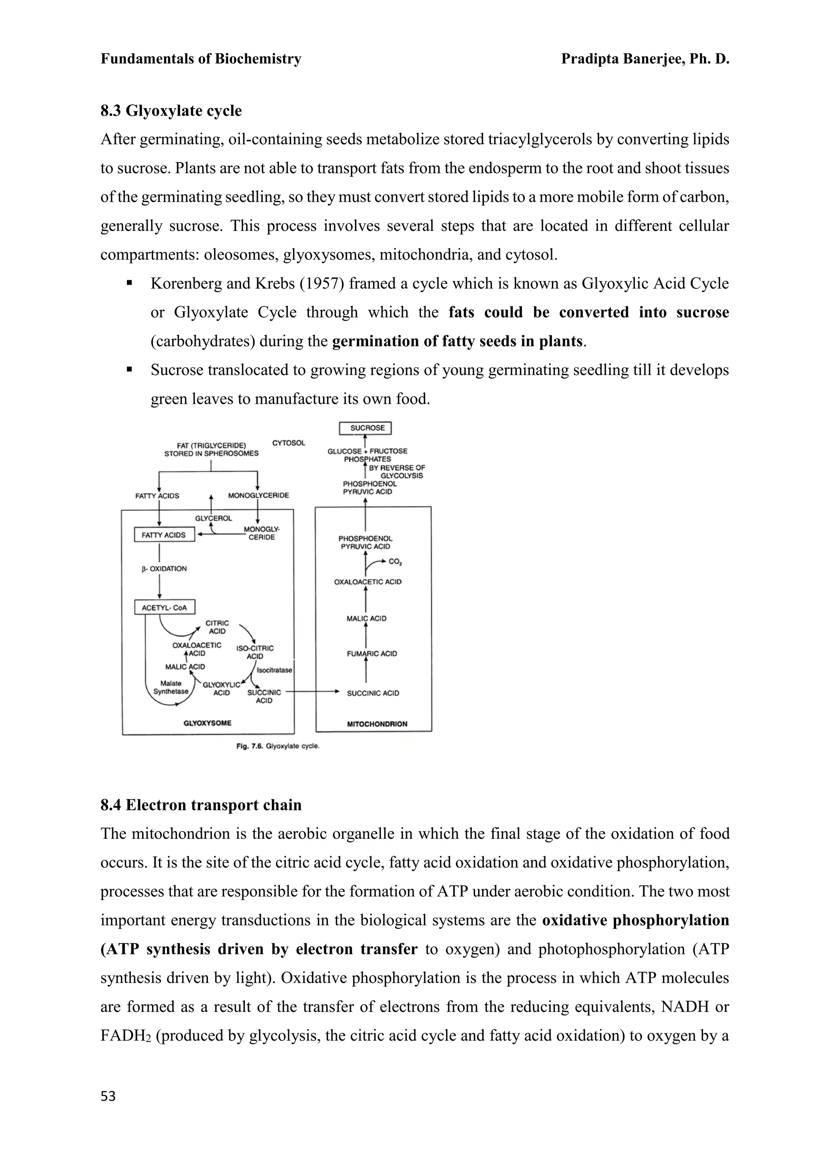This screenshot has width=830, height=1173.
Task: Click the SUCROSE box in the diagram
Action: (366, 428)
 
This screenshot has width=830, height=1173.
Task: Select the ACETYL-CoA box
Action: (165, 608)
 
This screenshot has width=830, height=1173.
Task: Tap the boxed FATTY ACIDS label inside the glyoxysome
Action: (164, 535)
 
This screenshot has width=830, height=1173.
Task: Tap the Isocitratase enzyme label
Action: (274, 670)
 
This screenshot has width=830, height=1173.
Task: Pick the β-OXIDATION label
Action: (165, 569)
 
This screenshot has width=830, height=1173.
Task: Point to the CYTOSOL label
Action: (289, 443)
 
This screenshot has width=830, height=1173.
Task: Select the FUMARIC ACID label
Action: (372, 653)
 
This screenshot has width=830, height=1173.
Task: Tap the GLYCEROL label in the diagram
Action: (214, 518)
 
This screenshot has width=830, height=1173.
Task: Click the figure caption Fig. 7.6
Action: (278, 746)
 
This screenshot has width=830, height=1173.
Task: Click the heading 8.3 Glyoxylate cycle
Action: (171, 111)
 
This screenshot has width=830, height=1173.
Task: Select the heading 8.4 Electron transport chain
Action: (201, 805)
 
